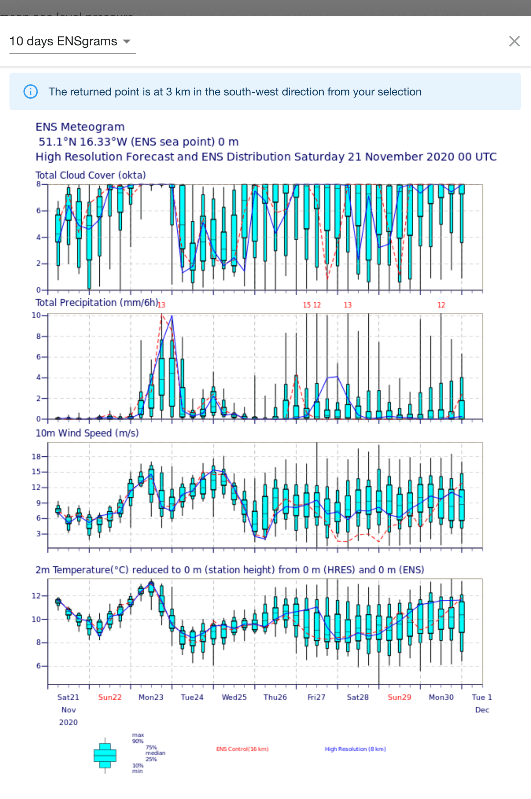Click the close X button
[x=514, y=41]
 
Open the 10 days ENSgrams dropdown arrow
[x=126, y=41]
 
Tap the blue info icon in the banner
[x=31, y=92]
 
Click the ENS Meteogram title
[x=80, y=127]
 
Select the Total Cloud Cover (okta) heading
[x=91, y=175]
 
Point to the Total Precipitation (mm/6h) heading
[x=96, y=303]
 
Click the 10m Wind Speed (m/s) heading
[x=87, y=433]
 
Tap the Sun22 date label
[x=110, y=697]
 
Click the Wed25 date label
[x=234, y=697]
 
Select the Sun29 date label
[x=399, y=697]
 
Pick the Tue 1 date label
[x=482, y=697]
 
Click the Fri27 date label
[x=316, y=697]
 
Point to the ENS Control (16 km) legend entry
[x=242, y=749]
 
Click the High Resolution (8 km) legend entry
[x=355, y=749]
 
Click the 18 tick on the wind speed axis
[x=36, y=457]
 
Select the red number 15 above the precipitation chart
[x=306, y=305]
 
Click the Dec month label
[x=482, y=710]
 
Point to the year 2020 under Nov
[x=68, y=722]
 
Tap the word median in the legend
[x=156, y=753]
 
